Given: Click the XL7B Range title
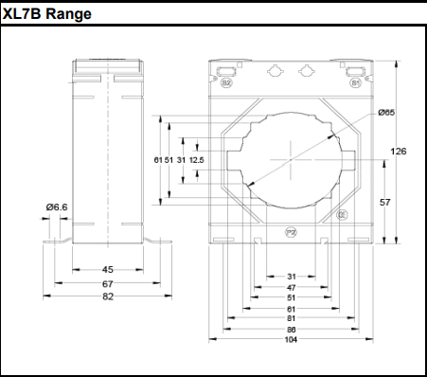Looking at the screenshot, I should point(47,15).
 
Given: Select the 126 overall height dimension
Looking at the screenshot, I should point(400,152).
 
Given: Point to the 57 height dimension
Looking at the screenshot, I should point(385,203).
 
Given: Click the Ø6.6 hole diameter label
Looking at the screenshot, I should point(56,206).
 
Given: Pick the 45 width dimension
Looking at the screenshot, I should point(108,270).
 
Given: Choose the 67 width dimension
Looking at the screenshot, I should point(108,283).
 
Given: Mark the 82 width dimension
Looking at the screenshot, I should point(108,296).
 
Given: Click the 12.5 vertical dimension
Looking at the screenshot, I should point(197,160).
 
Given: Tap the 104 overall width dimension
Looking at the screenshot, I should point(291,339).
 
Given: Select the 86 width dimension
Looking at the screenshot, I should point(291,329).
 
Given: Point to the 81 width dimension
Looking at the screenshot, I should point(291,318).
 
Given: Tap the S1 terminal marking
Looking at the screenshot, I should point(355,82).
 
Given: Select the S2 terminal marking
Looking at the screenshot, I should point(226,82).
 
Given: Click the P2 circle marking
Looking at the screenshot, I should point(291,231).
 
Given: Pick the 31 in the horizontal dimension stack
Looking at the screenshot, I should point(291,276).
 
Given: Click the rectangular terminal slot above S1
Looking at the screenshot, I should point(354,70).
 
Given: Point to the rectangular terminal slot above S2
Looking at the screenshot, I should point(226,70).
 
